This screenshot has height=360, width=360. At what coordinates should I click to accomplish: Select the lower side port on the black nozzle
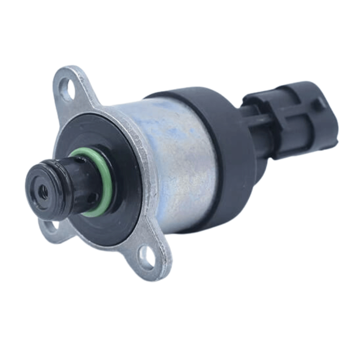92,198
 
